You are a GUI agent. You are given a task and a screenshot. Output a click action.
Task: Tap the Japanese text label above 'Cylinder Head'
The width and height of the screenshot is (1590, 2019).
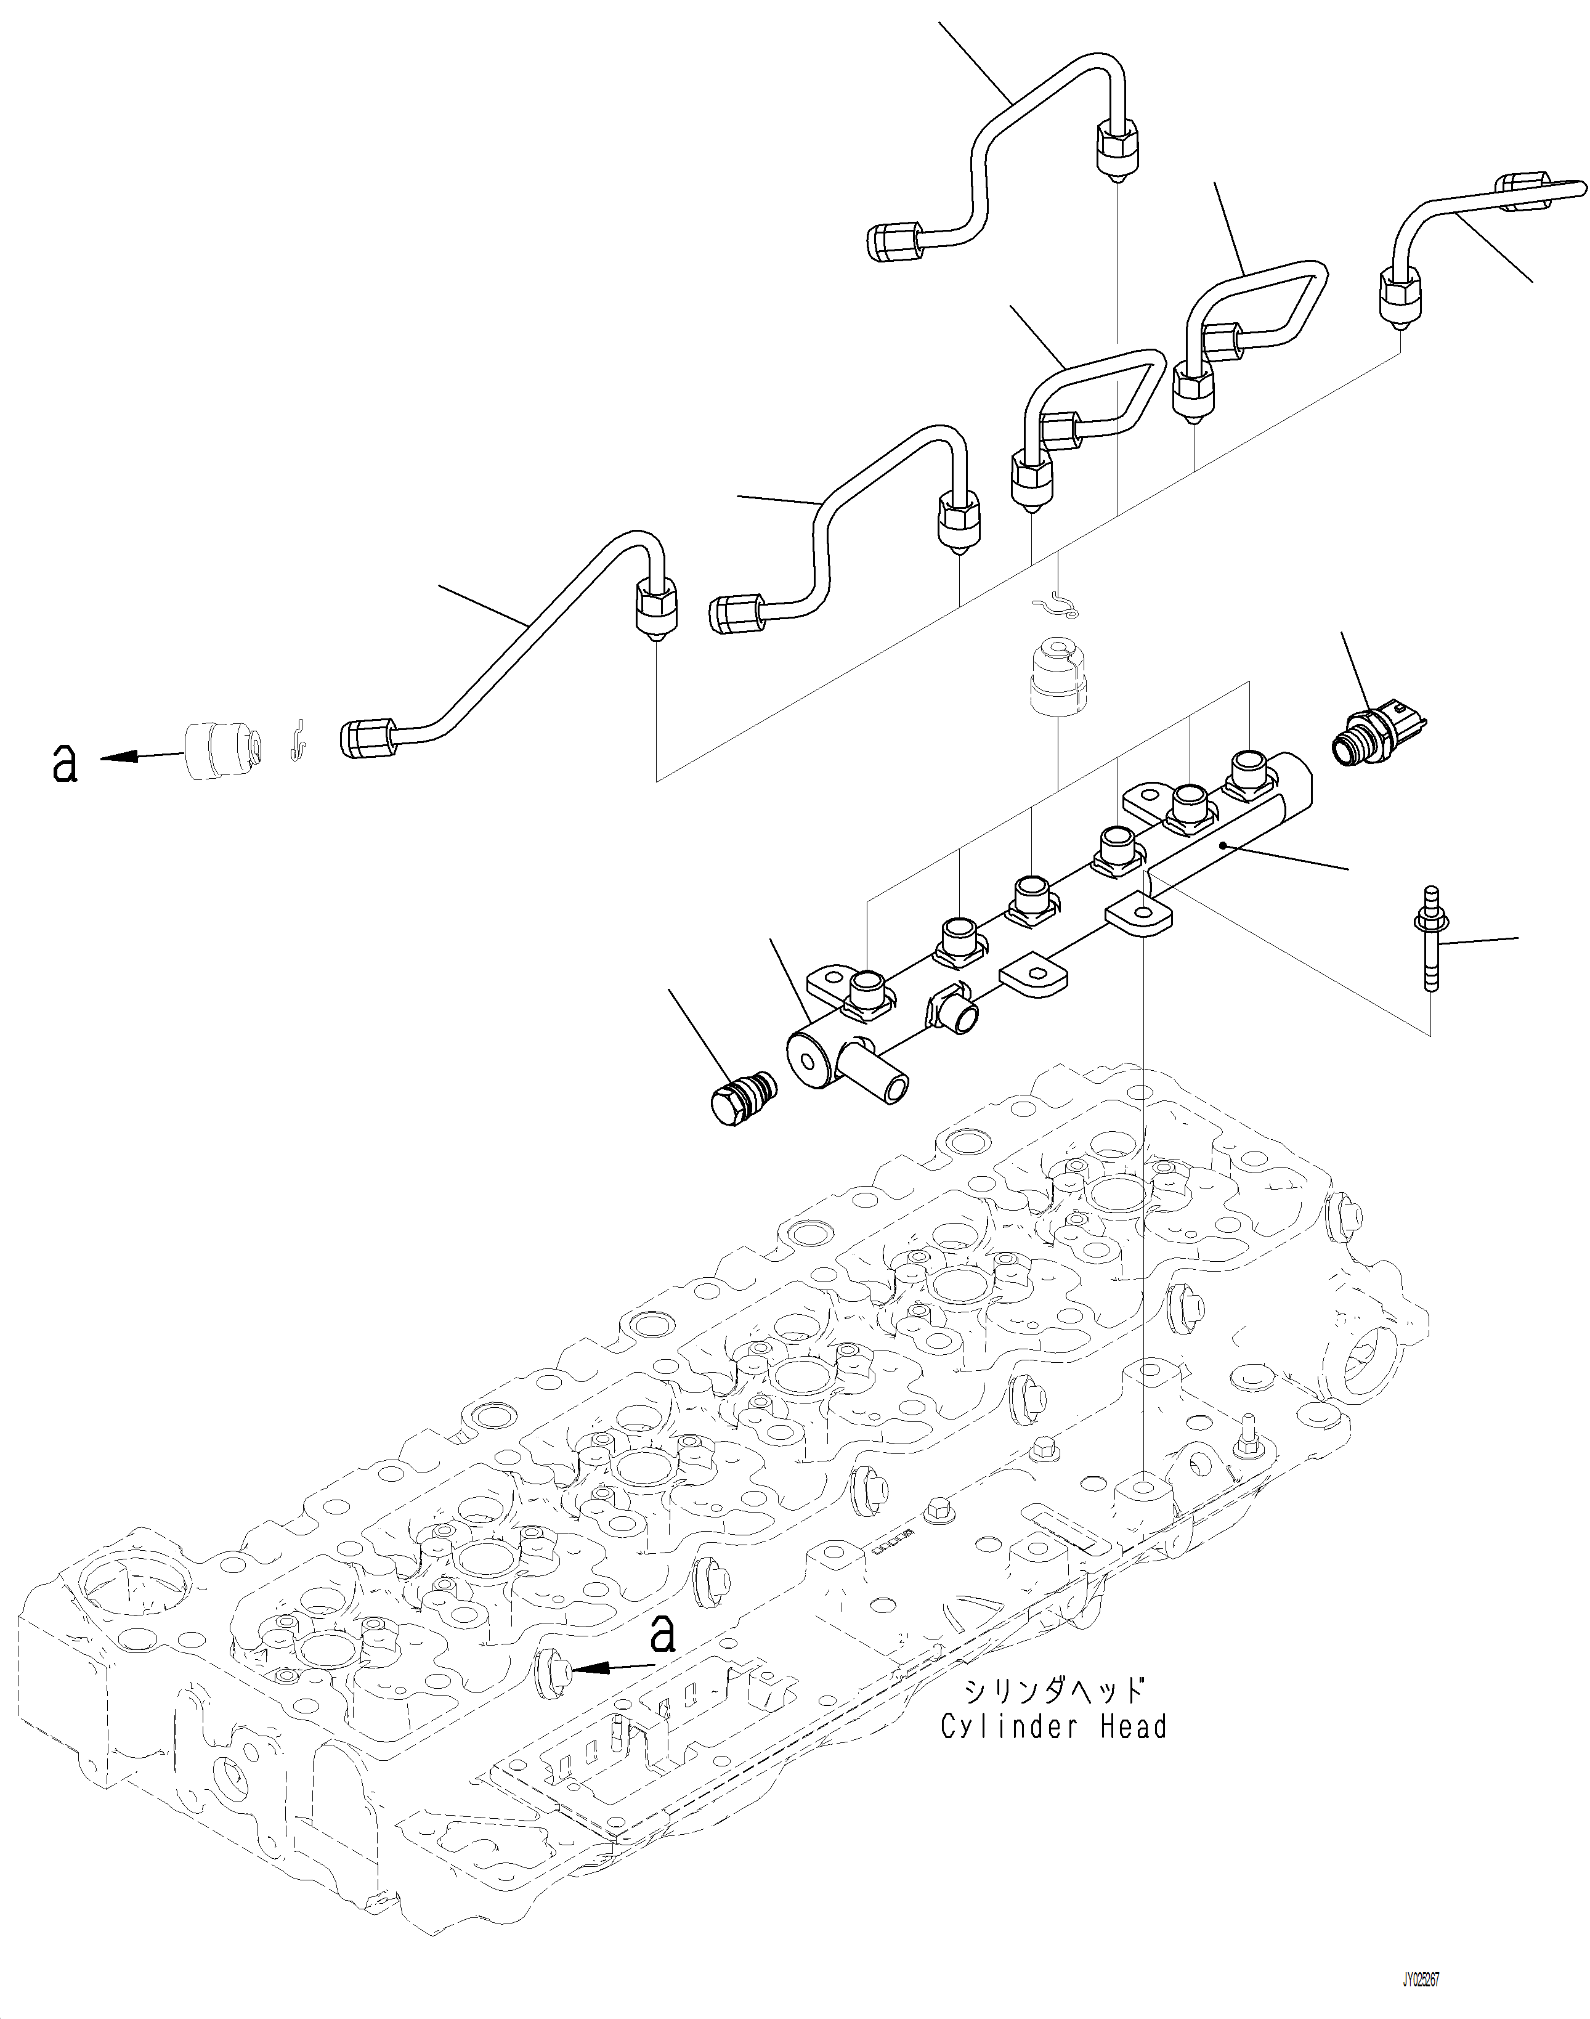click(1053, 1689)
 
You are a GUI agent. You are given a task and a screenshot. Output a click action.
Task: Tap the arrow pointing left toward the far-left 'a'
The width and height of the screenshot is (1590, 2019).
click(140, 757)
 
